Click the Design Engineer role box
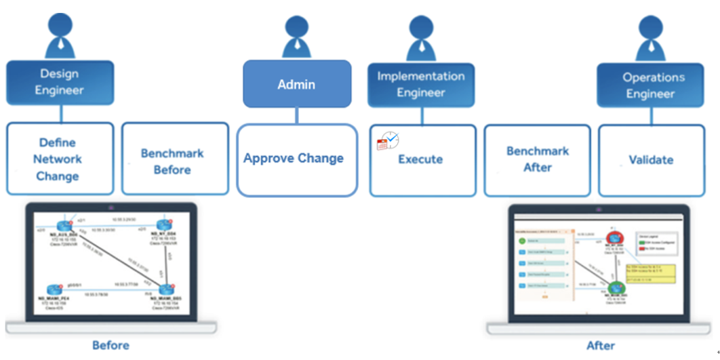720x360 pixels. point(60,82)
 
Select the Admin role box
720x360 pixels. point(297,84)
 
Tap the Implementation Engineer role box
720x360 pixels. point(421,85)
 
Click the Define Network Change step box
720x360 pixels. point(60,159)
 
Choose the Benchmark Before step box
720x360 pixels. point(175,159)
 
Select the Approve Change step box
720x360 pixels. point(296,159)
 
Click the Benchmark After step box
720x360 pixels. point(537,160)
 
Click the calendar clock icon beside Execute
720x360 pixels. point(388,141)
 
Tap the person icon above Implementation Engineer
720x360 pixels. point(422,37)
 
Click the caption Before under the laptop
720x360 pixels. point(111,346)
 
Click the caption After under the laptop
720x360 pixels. point(601,346)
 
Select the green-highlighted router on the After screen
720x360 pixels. point(617,289)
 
